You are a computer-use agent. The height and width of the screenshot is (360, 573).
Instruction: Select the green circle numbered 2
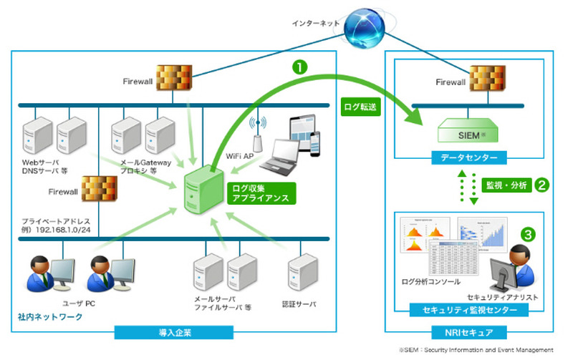542,185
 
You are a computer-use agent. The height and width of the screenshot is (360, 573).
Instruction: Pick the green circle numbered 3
528,233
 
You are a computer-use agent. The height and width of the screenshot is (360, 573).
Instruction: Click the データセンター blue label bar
470,156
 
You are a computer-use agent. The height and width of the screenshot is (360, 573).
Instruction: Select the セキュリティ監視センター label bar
469,310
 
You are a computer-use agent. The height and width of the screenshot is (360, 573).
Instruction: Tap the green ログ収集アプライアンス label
261,193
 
